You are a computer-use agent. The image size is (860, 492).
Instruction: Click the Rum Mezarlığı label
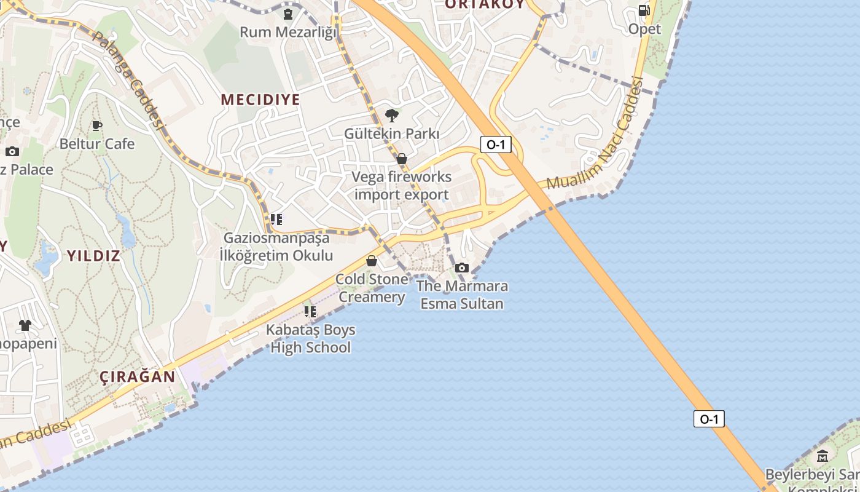(288, 31)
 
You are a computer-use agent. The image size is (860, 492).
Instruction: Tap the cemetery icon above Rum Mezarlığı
(288, 14)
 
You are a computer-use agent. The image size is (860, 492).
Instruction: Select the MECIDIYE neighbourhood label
(260, 100)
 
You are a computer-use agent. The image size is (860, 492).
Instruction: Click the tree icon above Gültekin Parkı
(391, 115)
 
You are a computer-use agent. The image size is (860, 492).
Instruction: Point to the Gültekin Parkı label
(391, 133)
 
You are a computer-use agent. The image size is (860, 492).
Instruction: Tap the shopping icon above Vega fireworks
(402, 159)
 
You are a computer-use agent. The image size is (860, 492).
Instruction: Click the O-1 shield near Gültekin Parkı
(496, 145)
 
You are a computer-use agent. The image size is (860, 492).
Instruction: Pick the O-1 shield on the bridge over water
(709, 419)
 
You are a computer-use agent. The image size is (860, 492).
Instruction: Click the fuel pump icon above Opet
(644, 10)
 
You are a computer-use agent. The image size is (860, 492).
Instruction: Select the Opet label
(644, 29)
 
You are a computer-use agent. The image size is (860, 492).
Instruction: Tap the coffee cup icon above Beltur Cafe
(96, 125)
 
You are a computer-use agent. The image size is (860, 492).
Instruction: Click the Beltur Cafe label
(96, 144)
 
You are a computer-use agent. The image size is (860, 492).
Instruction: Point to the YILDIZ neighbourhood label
(93, 256)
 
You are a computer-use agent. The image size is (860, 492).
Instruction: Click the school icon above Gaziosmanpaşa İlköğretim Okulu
(276, 219)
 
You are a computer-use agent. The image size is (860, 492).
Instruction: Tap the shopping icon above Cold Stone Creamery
(371, 261)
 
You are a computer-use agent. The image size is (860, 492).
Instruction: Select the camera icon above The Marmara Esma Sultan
(462, 268)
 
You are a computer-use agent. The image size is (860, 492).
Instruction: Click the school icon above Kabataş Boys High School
(310, 312)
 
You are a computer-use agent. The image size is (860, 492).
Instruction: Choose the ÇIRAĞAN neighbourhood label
(138, 377)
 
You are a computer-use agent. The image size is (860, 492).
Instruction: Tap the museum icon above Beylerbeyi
(823, 456)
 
